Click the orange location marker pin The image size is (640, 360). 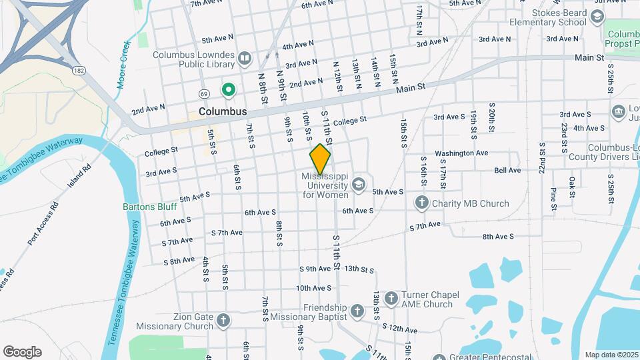[x=320, y=159]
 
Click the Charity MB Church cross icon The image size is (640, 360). [x=421, y=203]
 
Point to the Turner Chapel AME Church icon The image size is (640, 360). [x=391, y=299]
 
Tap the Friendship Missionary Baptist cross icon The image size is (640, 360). [x=357, y=311]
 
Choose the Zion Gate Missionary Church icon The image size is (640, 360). [x=223, y=321]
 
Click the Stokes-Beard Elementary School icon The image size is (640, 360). [x=597, y=17]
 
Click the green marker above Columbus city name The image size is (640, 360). [x=228, y=89]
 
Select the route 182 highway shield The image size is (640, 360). [x=80, y=70]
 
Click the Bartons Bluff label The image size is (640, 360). [x=150, y=207]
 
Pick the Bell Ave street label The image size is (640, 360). [x=507, y=171]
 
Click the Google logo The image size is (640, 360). [x=22, y=352]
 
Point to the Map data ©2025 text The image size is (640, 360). [x=612, y=355]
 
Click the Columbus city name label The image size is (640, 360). [x=223, y=111]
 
